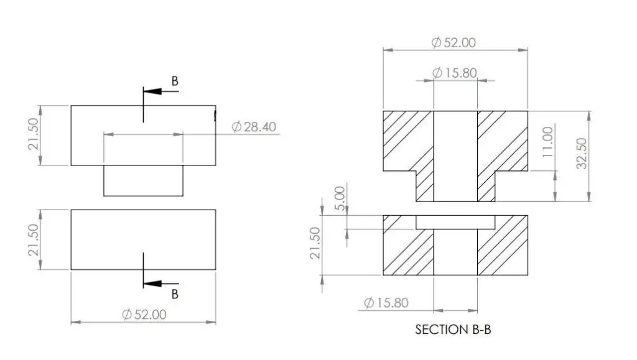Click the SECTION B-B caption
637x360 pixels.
click(453, 329)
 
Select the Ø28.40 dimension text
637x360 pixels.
click(254, 127)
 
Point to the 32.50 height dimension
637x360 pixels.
click(582, 154)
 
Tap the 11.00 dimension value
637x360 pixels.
click(547, 142)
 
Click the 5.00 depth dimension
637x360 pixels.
click(340, 198)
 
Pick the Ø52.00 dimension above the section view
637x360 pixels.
click(453, 42)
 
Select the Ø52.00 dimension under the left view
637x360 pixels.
click(144, 314)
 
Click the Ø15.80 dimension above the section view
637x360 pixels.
click(454, 73)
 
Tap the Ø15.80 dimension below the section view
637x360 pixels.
click(386, 302)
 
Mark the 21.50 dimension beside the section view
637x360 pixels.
click(315, 243)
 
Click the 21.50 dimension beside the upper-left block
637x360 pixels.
click(34, 134)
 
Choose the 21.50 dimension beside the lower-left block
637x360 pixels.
click(34, 240)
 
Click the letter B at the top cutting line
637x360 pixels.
click(175, 81)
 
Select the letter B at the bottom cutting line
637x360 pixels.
click(175, 294)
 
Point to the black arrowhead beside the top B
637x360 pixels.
click(153, 91)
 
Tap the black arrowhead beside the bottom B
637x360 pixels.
click(153, 284)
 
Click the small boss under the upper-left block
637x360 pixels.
click(144, 180)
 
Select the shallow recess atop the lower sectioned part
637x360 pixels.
click(455, 222)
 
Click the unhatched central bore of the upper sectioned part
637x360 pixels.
click(455, 156)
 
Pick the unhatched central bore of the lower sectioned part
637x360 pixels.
click(455, 252)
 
